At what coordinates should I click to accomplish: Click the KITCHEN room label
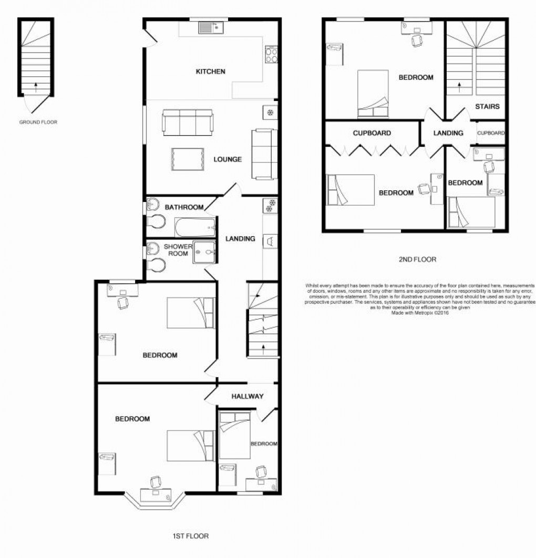pyautogui.click(x=210, y=72)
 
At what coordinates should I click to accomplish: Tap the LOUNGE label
pyautogui.click(x=228, y=159)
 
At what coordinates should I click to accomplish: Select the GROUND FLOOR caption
pyautogui.click(x=38, y=122)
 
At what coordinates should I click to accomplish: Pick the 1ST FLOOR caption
pyautogui.click(x=190, y=536)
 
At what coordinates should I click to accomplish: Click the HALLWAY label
pyautogui.click(x=248, y=397)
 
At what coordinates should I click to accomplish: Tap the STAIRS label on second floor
pyautogui.click(x=487, y=106)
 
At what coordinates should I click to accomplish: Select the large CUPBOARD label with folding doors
pyautogui.click(x=372, y=134)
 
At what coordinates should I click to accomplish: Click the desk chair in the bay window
pyautogui.click(x=156, y=481)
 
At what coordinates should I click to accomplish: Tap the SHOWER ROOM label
pyautogui.click(x=178, y=250)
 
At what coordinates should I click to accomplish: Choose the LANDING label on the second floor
pyautogui.click(x=448, y=133)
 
